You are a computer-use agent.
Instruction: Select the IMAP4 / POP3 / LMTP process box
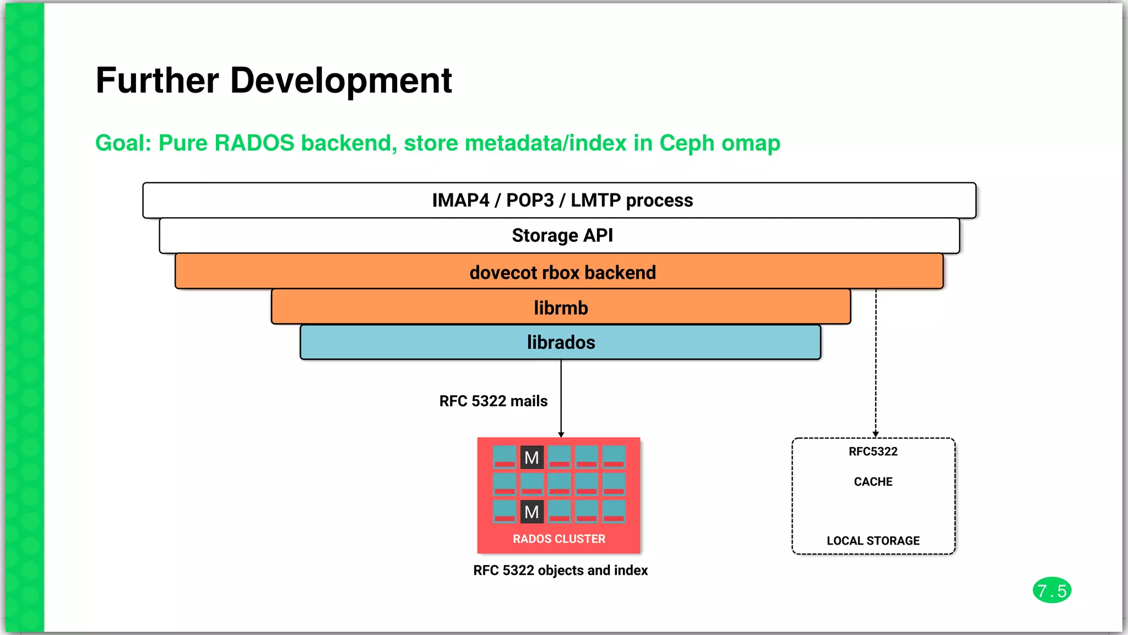[559, 200]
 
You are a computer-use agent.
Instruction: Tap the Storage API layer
[559, 235]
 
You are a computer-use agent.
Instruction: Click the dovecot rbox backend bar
[559, 272]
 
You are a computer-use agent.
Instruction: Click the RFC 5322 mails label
[493, 401]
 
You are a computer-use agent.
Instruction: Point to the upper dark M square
[532, 458]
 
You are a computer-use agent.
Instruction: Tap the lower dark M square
[532, 512]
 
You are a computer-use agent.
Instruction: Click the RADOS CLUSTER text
[559, 539]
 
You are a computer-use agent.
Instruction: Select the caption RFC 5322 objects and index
[560, 571]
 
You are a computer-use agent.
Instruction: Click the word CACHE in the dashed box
[873, 482]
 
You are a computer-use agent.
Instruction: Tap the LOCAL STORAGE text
[873, 541]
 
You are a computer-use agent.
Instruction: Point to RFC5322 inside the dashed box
[873, 452]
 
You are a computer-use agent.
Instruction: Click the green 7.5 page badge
[1051, 591]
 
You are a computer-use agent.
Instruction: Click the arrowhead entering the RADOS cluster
[561, 435]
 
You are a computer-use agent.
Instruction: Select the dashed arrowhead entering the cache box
[875, 435]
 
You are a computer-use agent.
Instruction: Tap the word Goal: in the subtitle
[123, 143]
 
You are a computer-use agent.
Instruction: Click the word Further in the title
[158, 81]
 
